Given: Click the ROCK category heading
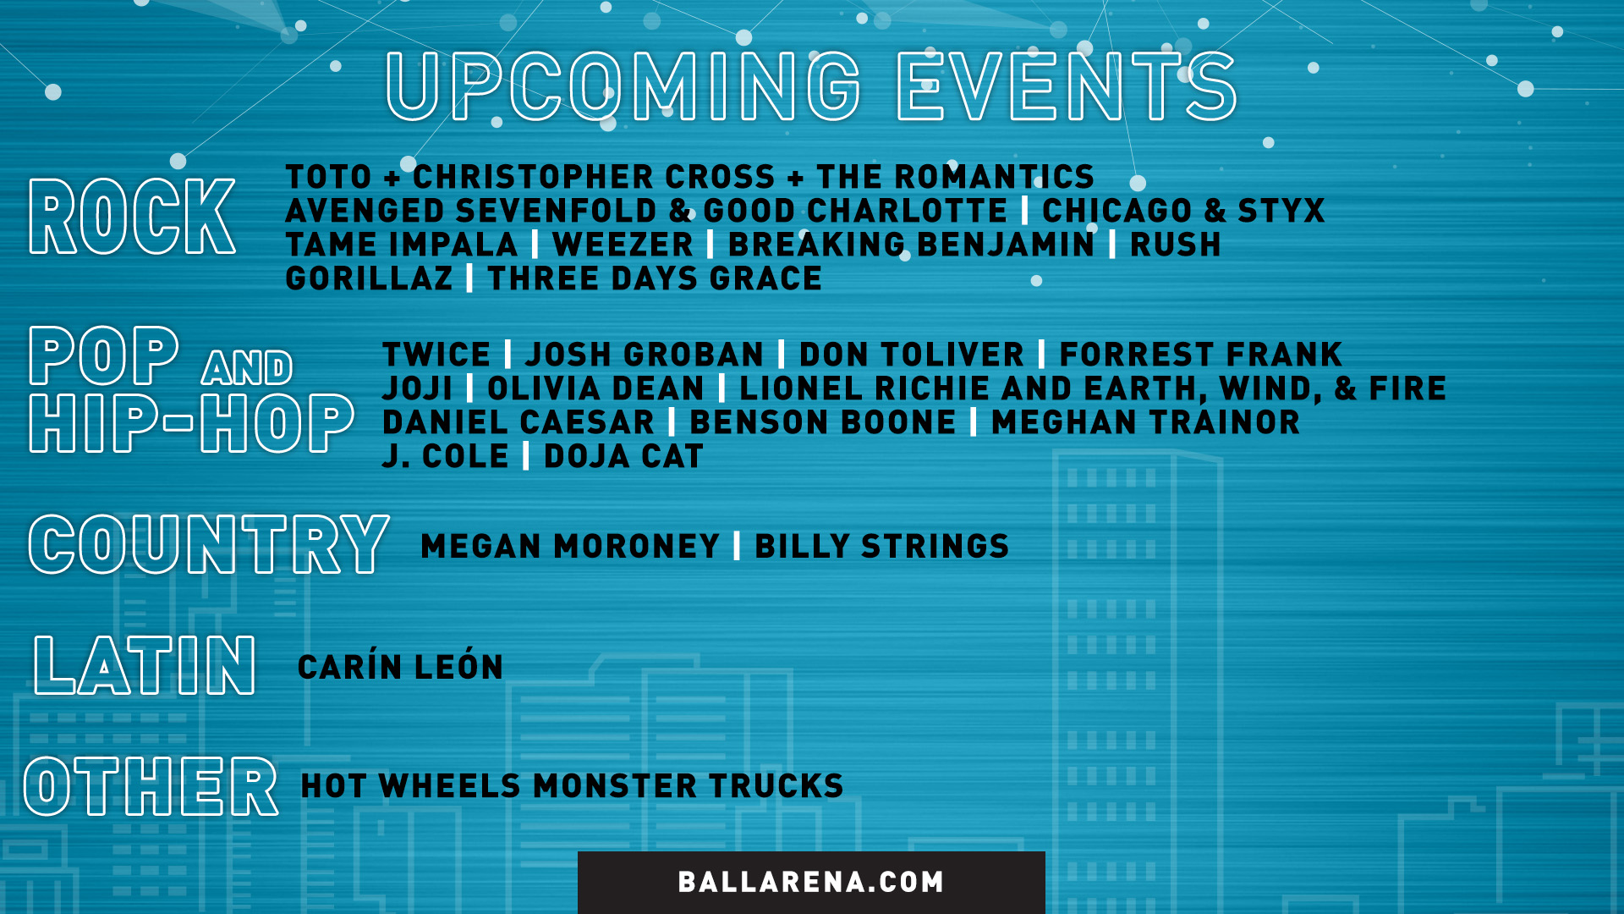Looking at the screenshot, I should coord(132,217).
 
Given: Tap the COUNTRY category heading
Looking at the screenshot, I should coord(209,544).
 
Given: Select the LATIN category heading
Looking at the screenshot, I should coord(145,666).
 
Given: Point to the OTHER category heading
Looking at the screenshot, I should coord(151,786).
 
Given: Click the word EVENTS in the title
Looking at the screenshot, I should coord(1067,86).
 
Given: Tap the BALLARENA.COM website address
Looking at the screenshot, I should coord(811,882).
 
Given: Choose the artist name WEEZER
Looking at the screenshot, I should coord(623,245).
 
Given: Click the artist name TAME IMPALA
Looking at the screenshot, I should coord(402,245).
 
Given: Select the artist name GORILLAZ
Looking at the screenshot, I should coord(370,278).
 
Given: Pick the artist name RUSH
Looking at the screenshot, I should coord(1176,245).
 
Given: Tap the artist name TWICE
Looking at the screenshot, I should coord(436,355).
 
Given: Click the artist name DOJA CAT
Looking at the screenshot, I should coord(623,456).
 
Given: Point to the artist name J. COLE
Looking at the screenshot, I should coord(446,456).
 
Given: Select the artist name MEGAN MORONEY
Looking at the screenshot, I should coord(570,546).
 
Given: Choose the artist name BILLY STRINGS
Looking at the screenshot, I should coord(882,546).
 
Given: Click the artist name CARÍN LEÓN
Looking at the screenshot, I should coord(401,666).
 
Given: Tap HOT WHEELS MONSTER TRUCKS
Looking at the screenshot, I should coord(573,786).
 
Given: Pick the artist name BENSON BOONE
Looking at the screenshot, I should coord(823,422).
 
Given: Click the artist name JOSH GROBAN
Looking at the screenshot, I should coord(645,355).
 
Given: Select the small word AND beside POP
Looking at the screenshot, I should coord(247,367).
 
